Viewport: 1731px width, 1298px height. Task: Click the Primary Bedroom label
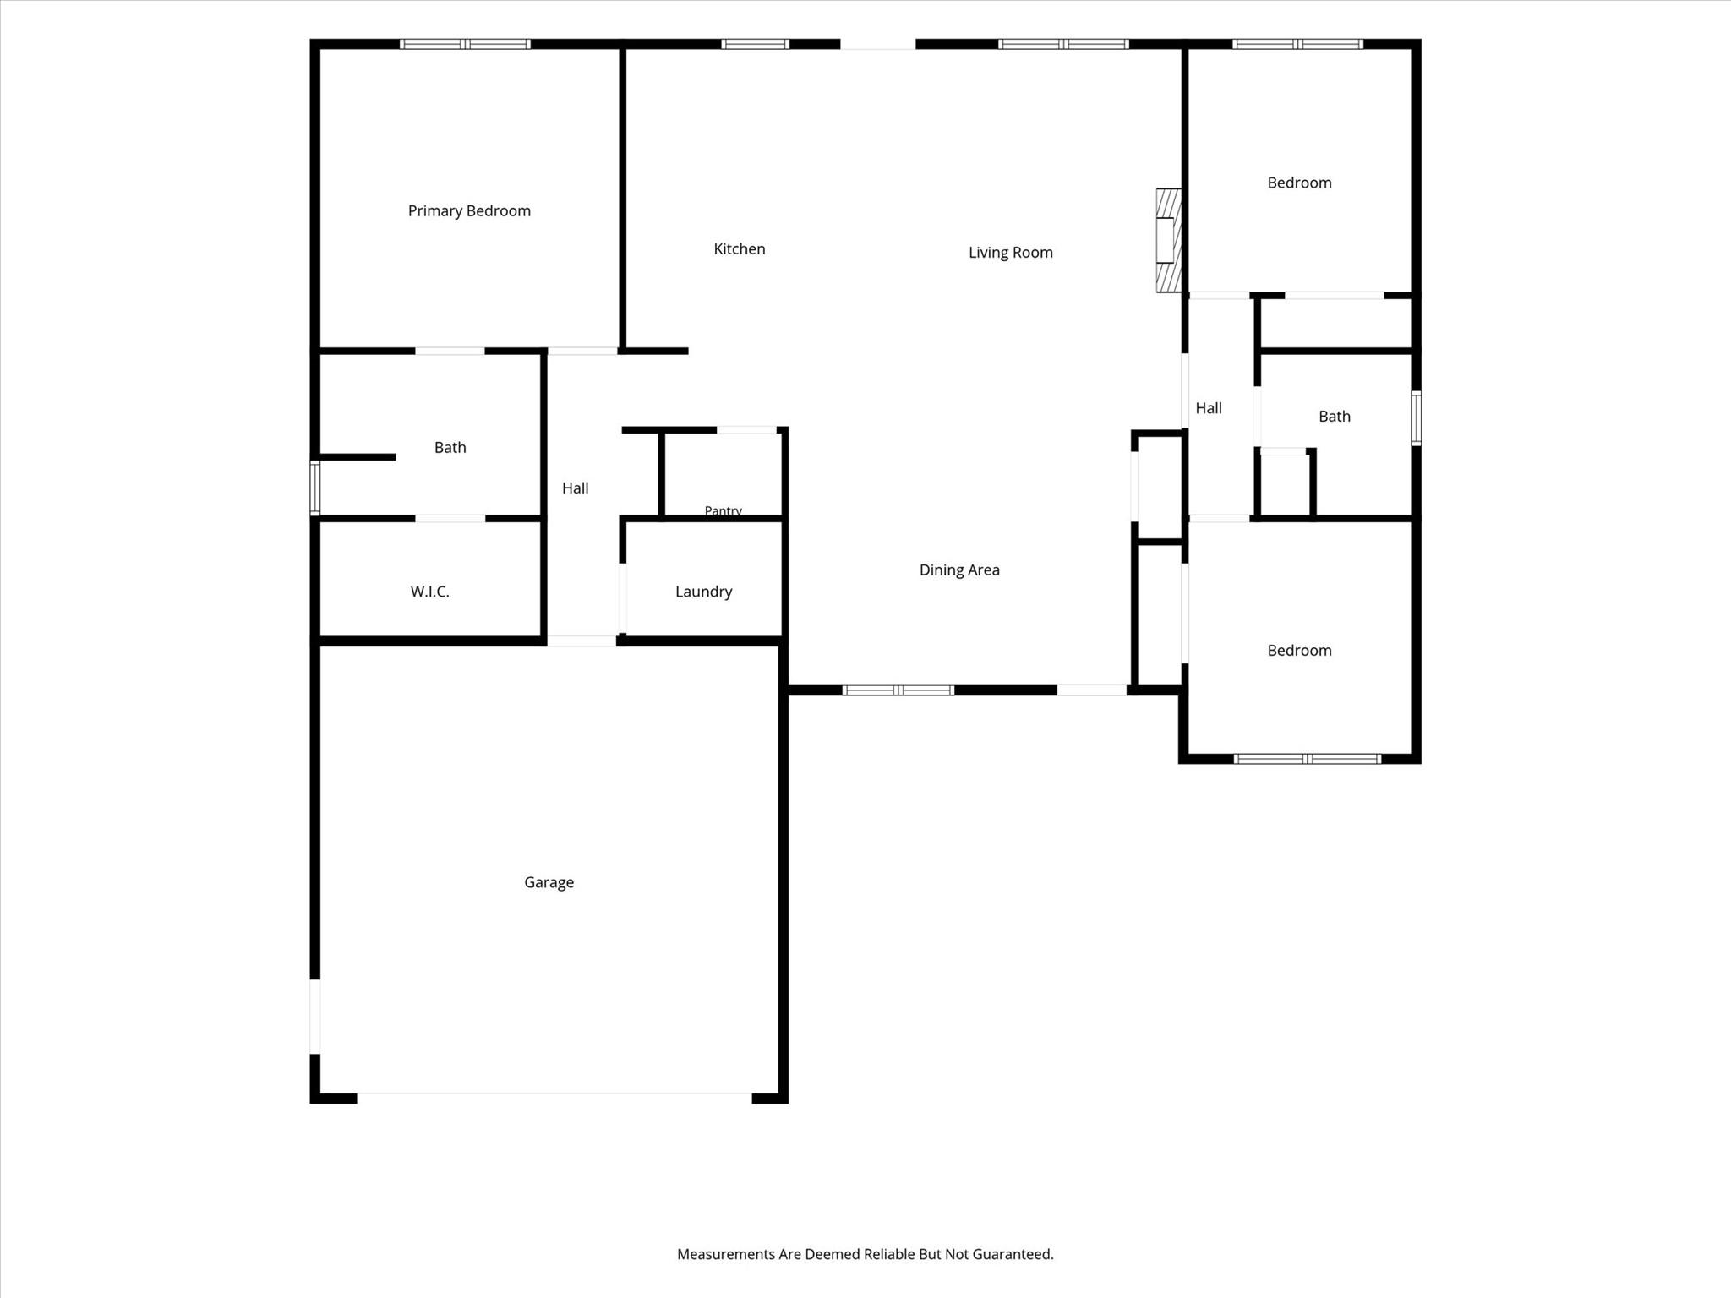click(x=469, y=211)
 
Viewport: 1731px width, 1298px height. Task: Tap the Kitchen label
click(x=740, y=248)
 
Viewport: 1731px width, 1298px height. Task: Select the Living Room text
click(x=1011, y=252)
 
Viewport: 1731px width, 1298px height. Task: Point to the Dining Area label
click(x=959, y=570)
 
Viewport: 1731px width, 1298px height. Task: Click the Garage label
click(x=549, y=882)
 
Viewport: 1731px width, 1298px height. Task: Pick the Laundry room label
click(x=703, y=592)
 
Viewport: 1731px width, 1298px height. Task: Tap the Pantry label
click(x=723, y=510)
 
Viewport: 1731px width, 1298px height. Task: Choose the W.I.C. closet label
click(x=429, y=592)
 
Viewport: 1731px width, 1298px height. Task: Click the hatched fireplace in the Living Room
click(x=1168, y=240)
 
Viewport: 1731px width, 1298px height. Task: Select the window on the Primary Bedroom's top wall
click(x=465, y=44)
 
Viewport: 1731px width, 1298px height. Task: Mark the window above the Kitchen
click(x=755, y=44)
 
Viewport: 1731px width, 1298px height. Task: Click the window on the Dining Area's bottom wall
click(x=898, y=690)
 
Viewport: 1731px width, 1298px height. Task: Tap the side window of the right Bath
click(x=1417, y=417)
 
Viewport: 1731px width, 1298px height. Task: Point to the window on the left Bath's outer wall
click(x=314, y=488)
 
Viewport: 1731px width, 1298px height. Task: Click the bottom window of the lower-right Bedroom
click(x=1308, y=759)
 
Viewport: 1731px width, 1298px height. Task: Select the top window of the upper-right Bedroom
click(x=1297, y=44)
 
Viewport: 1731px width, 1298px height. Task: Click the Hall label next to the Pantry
click(x=575, y=488)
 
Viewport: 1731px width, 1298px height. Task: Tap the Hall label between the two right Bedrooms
click(x=1209, y=408)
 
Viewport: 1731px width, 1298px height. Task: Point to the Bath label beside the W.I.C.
click(x=450, y=448)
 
